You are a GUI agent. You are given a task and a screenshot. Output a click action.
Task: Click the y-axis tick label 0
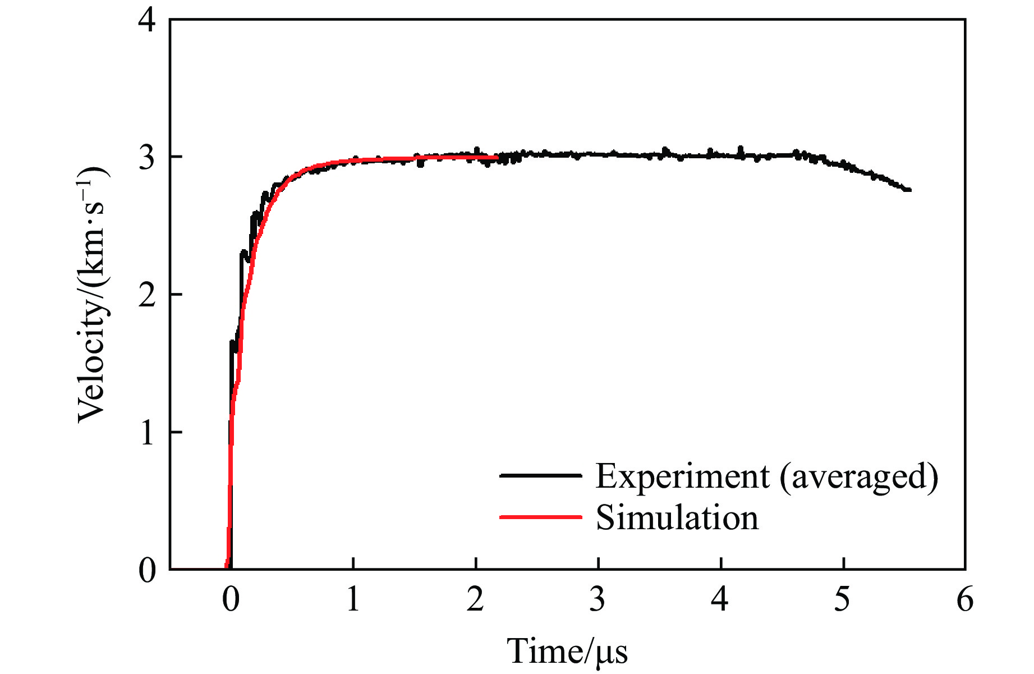147,570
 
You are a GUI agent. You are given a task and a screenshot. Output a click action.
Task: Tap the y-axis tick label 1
147,433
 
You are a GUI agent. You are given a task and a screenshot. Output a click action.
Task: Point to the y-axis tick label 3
147,158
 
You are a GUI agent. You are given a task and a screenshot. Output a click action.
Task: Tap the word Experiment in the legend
682,476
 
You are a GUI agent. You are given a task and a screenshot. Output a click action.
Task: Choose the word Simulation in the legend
677,517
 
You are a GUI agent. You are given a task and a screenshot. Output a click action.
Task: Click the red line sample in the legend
540,517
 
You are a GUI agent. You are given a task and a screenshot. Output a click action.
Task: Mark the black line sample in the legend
540,475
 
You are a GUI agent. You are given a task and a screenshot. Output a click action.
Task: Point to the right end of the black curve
909,190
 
